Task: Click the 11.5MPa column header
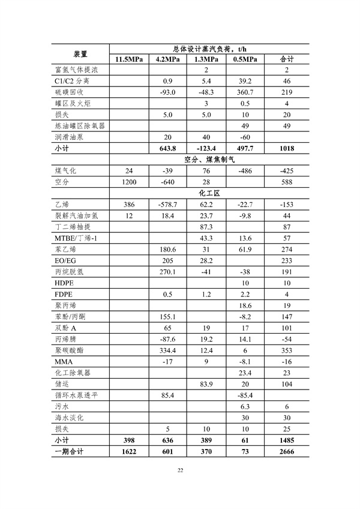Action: coord(128,59)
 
